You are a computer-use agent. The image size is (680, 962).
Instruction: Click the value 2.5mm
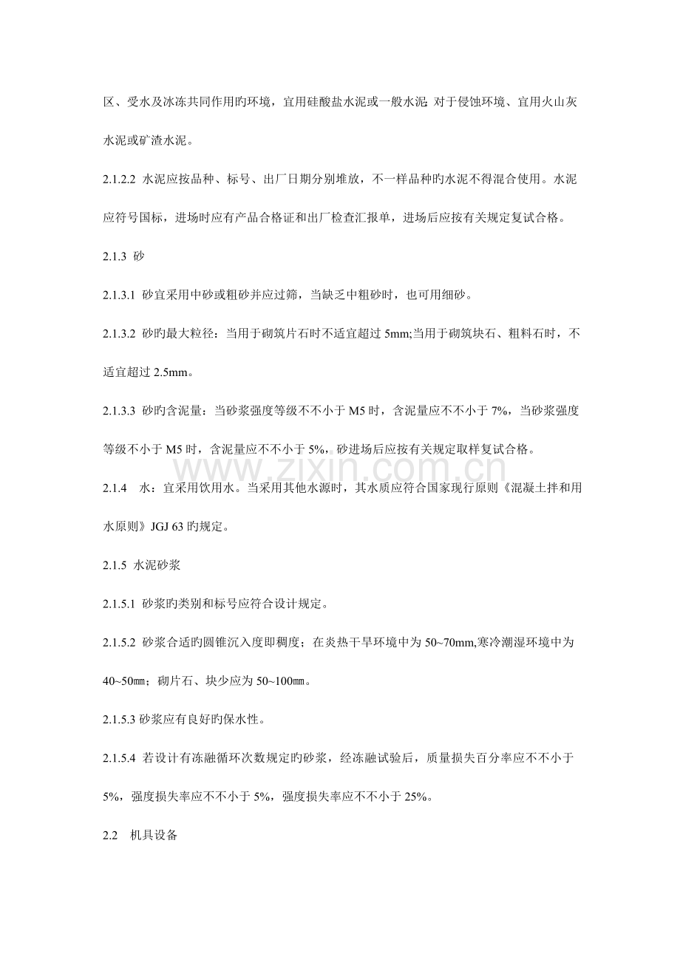[171, 373]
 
